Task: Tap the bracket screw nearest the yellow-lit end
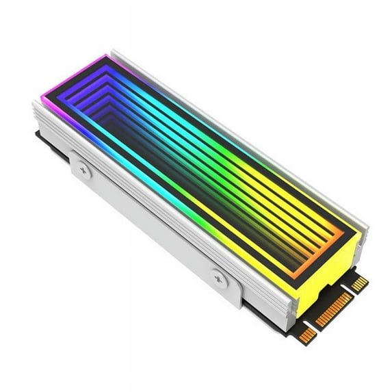tap(219, 277)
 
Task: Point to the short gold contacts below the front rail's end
tap(307, 333)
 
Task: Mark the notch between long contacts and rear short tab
tap(350, 289)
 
